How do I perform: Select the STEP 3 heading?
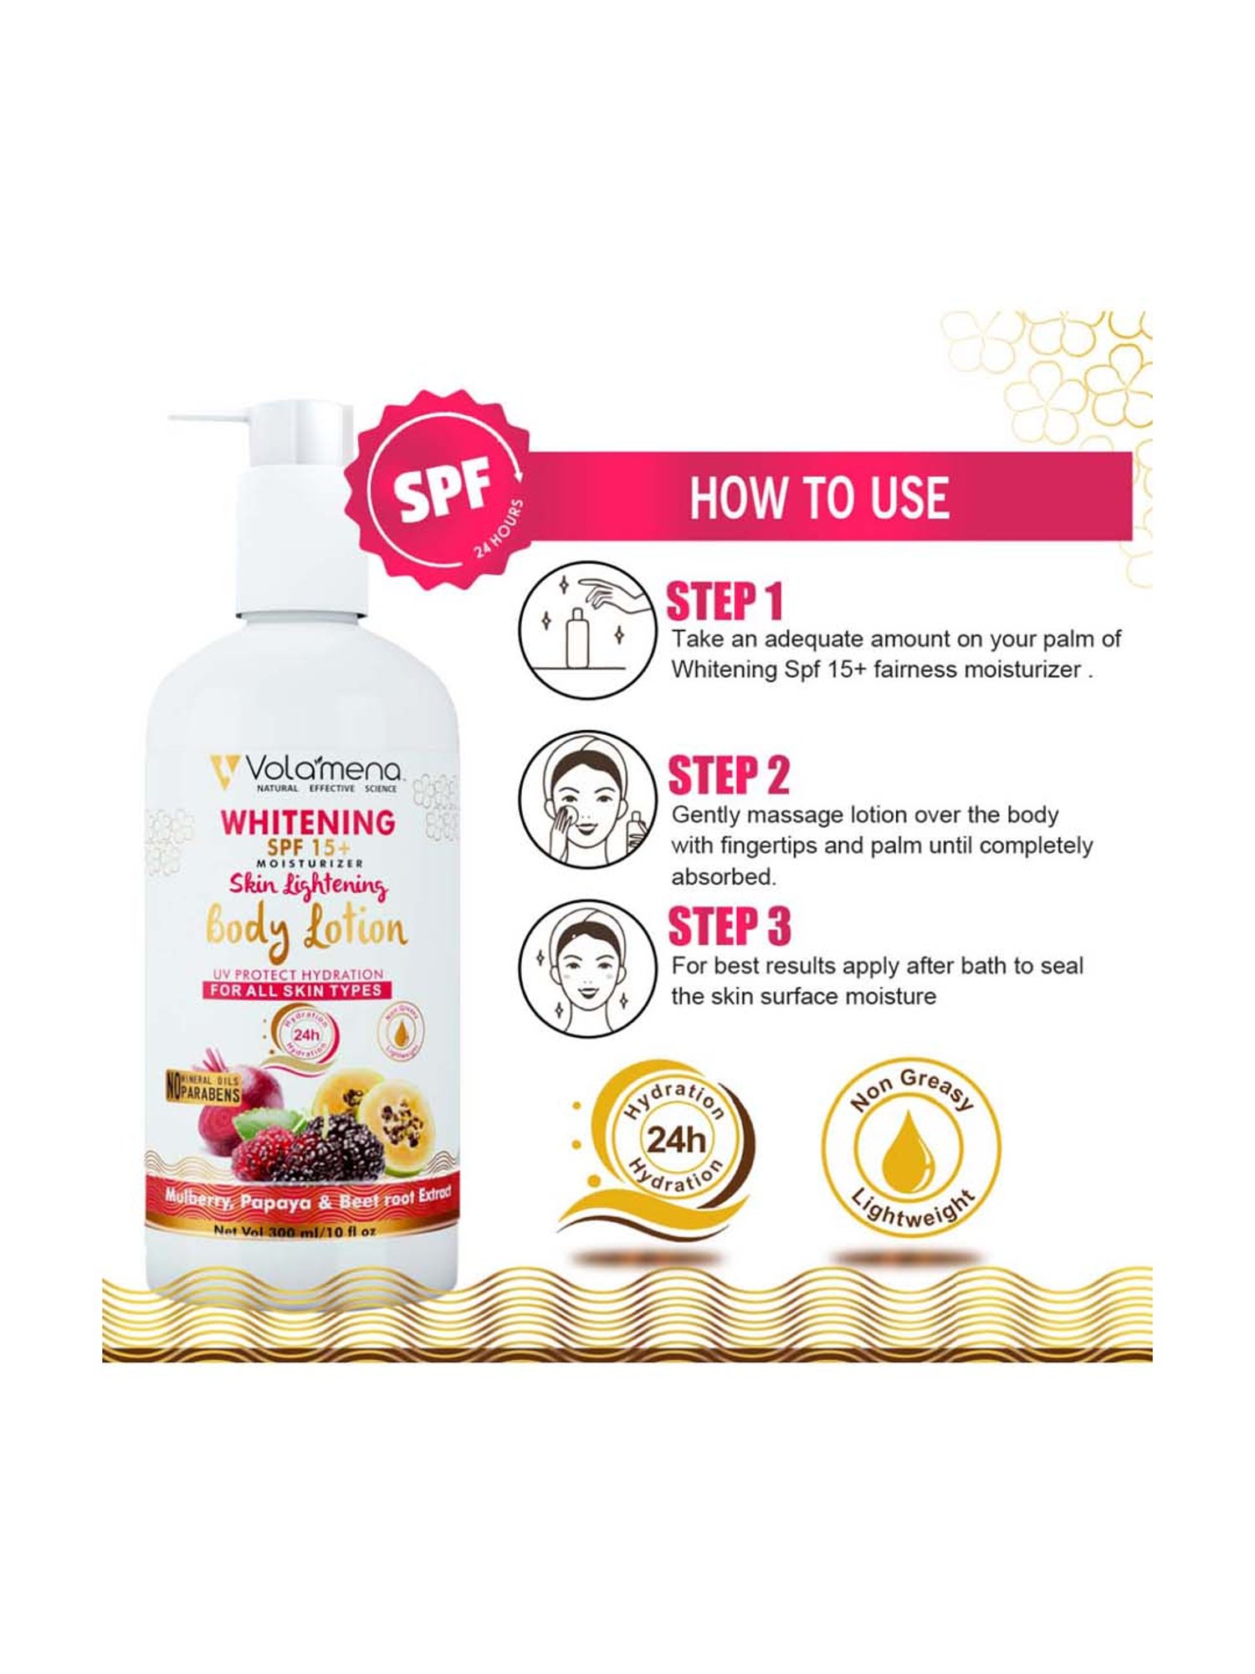[x=729, y=927]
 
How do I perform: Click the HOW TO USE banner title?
[x=819, y=497]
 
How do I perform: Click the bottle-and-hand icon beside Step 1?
[x=586, y=629]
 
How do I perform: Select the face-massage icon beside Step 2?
[x=586, y=799]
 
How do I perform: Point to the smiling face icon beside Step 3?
[x=586, y=968]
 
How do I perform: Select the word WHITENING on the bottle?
[x=308, y=822]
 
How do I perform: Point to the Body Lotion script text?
[x=306, y=930]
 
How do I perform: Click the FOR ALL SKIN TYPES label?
[x=296, y=990]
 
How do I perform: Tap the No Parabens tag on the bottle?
[x=204, y=1089]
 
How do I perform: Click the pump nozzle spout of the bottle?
[x=201, y=417]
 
